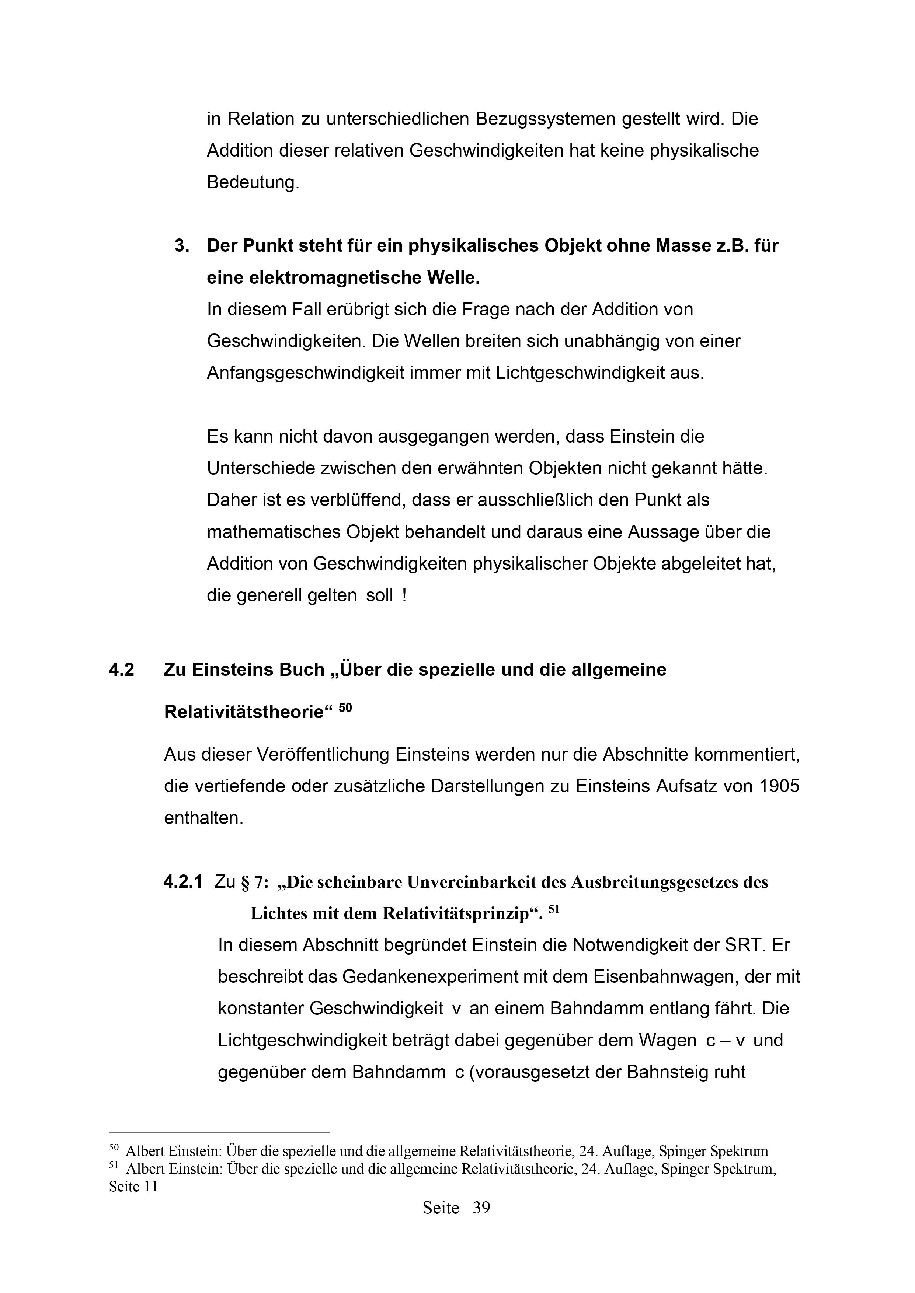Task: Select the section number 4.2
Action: tap(121, 670)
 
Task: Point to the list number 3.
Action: tap(181, 246)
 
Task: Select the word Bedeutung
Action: tap(253, 183)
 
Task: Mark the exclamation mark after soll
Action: tap(404, 596)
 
